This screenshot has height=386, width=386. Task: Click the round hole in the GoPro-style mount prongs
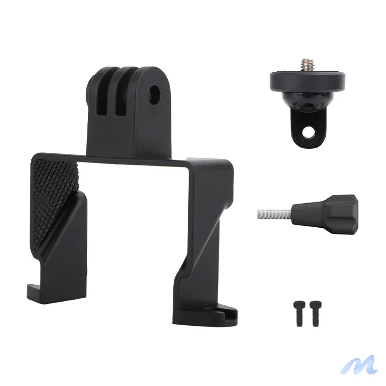pyautogui.click(x=154, y=94)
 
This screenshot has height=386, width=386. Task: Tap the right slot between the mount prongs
pyautogui.click(x=120, y=102)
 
